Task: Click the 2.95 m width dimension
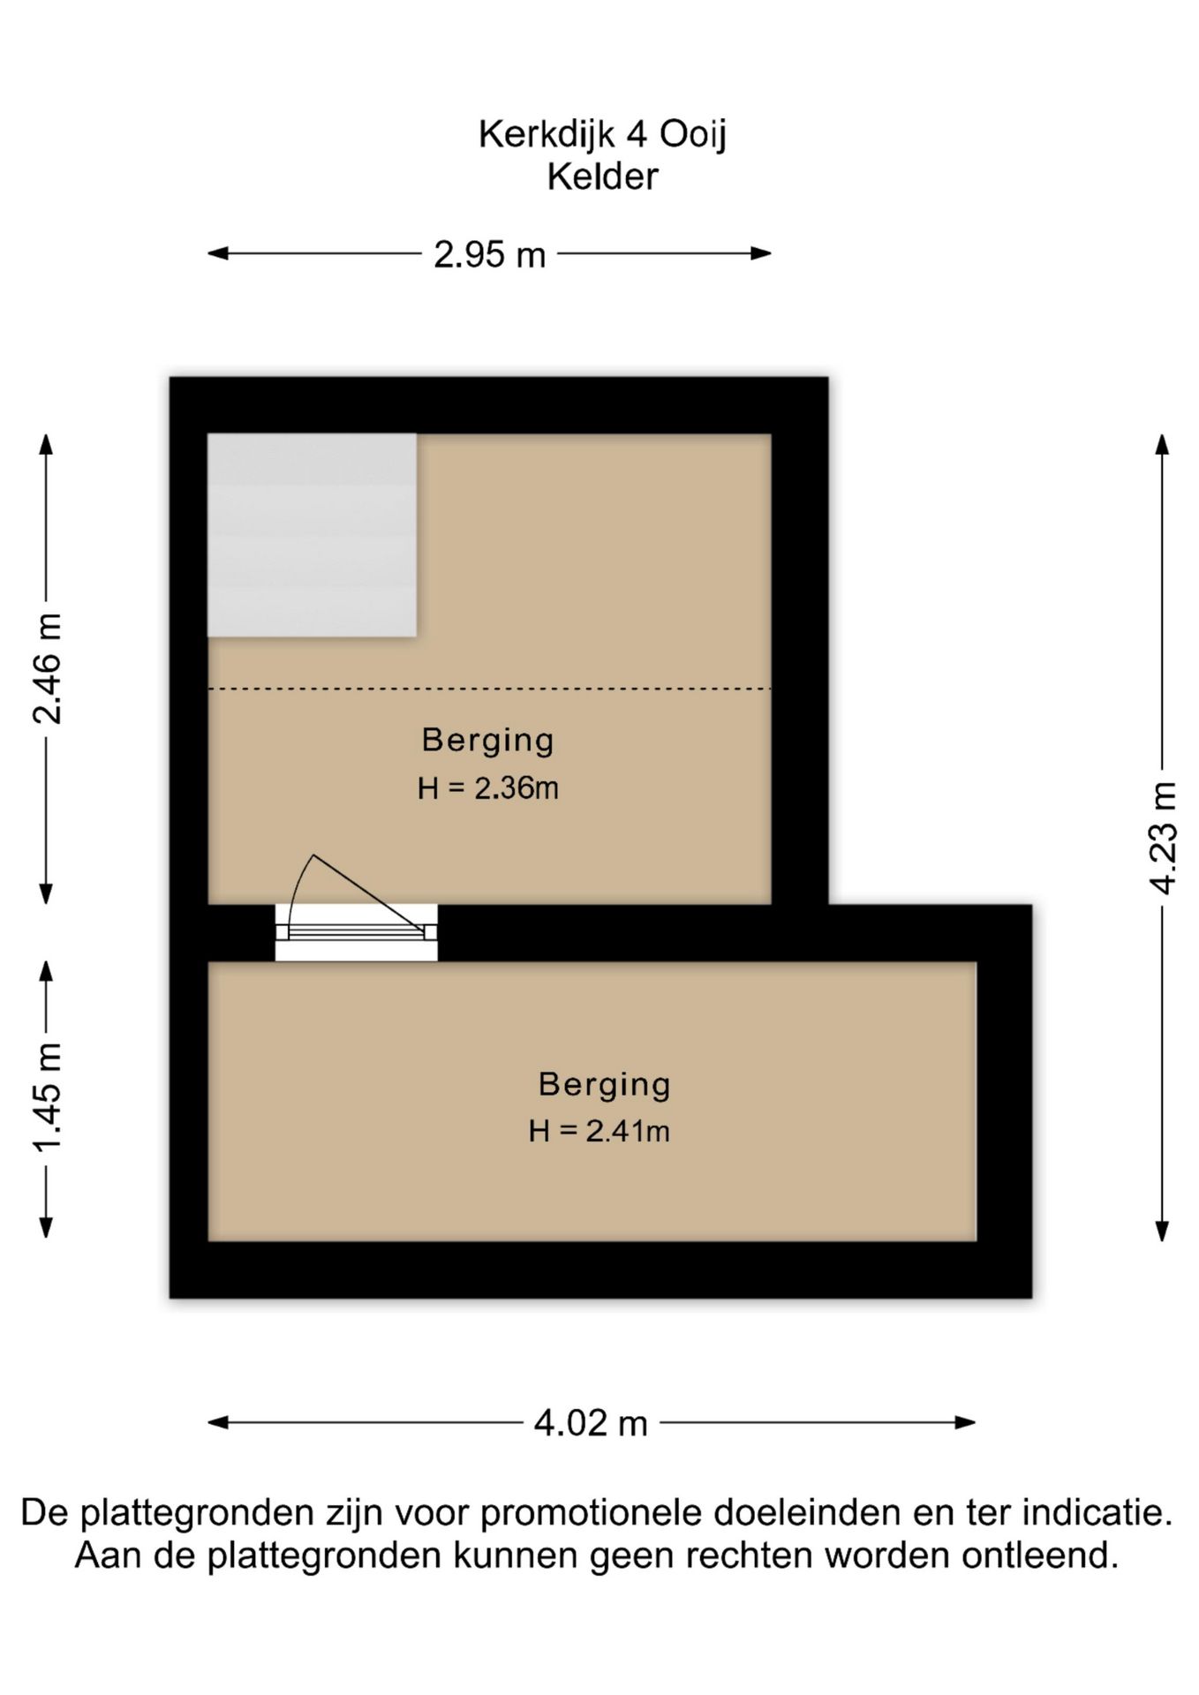click(490, 254)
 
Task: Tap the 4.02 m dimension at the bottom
click(591, 1422)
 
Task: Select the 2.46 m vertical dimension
click(47, 668)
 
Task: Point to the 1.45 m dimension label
click(47, 1096)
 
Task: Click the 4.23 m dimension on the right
click(1163, 837)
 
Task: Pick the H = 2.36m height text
click(488, 787)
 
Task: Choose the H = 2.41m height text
click(599, 1130)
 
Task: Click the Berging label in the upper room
click(487, 741)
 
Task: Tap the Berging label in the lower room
click(605, 1085)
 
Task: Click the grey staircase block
click(312, 535)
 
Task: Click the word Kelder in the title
click(603, 177)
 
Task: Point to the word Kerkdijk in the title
click(547, 135)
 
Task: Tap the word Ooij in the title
click(693, 135)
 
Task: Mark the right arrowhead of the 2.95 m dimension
click(761, 253)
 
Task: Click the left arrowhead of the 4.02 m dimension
click(218, 1422)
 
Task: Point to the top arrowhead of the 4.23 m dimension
click(1163, 444)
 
